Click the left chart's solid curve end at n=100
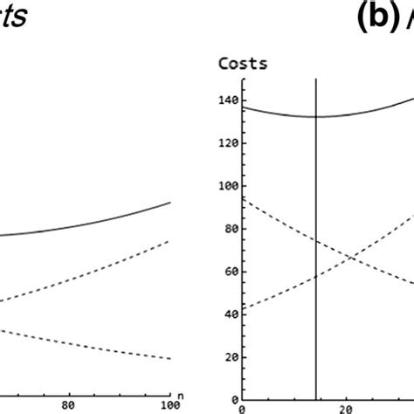[170, 203]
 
